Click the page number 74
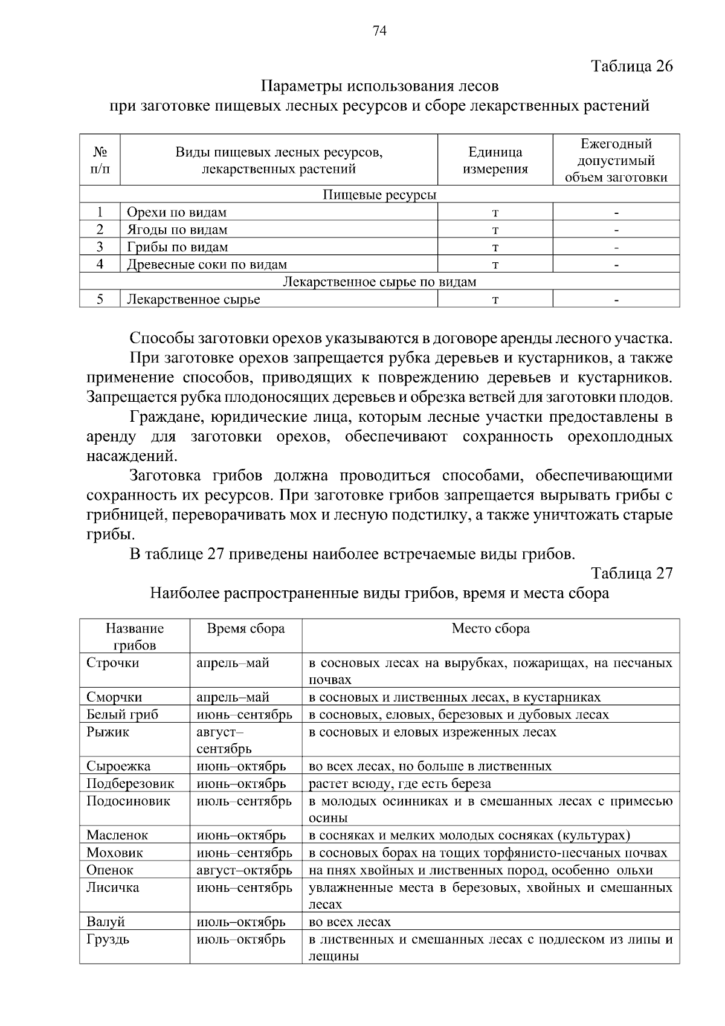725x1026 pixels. coord(379,31)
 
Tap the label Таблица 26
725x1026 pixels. coord(631,66)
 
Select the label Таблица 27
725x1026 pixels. coord(631,573)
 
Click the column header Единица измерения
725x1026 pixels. coord(495,161)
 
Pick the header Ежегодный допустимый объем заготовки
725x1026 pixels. coord(616,161)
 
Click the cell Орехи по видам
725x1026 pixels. coord(176,213)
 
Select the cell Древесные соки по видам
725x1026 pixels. coord(207,265)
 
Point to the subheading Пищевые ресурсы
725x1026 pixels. coord(379,195)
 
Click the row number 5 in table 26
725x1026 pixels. coord(100,299)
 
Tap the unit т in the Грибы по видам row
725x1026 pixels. coord(495,247)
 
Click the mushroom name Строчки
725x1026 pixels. coord(113,663)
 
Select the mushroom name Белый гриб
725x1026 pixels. coord(123,715)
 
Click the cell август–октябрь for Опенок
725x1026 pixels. coord(244,871)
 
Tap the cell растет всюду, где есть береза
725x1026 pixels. coord(400,784)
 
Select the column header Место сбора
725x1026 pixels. coord(491,629)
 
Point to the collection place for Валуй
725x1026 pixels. coord(350,923)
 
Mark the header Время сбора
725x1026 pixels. coord(245,629)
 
